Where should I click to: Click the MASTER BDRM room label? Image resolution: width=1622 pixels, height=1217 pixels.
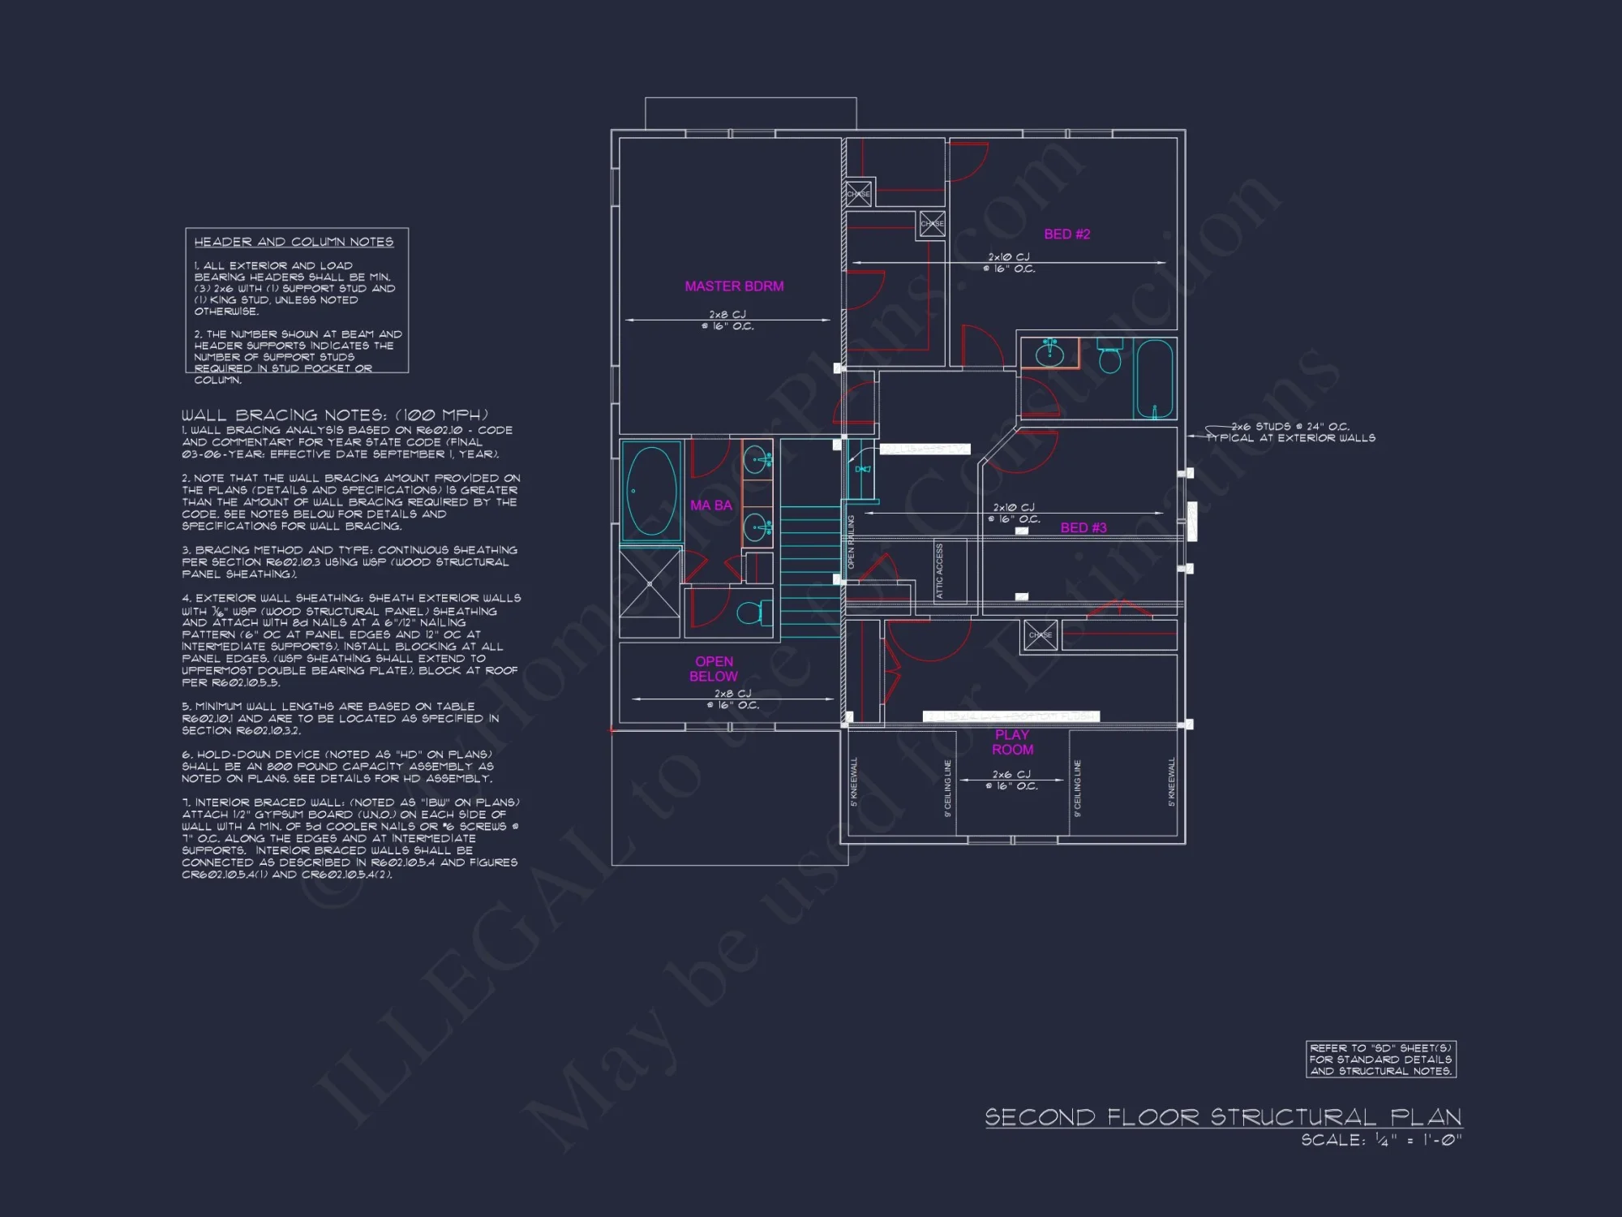[734, 286]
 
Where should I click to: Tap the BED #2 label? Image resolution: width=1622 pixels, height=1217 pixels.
[1066, 234]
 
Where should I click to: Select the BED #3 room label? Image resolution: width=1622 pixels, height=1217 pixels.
[1083, 528]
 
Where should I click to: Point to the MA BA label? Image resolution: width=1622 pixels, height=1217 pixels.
[711, 505]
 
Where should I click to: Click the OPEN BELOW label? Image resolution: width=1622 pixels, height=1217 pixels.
[714, 669]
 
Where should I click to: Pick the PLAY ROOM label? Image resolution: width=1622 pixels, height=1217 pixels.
[1012, 742]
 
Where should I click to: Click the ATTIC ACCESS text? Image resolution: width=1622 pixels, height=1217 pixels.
[940, 571]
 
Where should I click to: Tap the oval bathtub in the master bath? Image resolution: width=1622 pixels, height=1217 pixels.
[651, 491]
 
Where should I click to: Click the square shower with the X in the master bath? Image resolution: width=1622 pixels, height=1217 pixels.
[650, 583]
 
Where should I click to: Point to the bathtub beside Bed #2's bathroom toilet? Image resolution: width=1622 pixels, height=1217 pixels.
[1154, 378]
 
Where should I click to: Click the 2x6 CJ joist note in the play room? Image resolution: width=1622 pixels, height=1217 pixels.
[1011, 780]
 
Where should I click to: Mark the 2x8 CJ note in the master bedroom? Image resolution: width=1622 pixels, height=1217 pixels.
[727, 320]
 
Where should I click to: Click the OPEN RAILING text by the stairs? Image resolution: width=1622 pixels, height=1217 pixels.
[851, 541]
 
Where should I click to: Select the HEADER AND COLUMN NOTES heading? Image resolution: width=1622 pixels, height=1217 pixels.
[294, 242]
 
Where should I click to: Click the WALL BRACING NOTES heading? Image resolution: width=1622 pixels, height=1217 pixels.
[334, 415]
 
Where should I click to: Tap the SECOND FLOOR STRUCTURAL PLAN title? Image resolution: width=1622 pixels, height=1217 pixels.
[1223, 1117]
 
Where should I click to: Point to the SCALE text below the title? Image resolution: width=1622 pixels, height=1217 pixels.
[1381, 1140]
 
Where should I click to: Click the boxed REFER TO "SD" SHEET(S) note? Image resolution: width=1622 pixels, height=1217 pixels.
[1380, 1060]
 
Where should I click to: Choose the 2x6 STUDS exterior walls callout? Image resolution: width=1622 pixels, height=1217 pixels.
[1291, 432]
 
